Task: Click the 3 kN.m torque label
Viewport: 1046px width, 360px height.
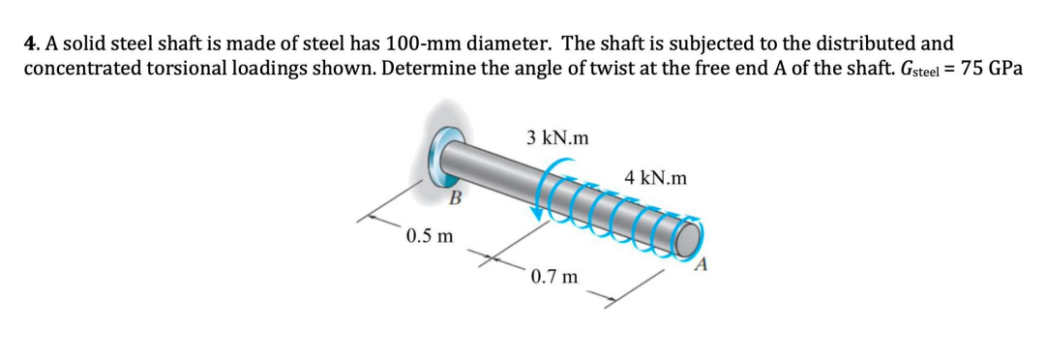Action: point(558,137)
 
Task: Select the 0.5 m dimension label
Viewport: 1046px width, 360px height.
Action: point(431,235)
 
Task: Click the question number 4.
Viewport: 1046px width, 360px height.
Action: point(30,44)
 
